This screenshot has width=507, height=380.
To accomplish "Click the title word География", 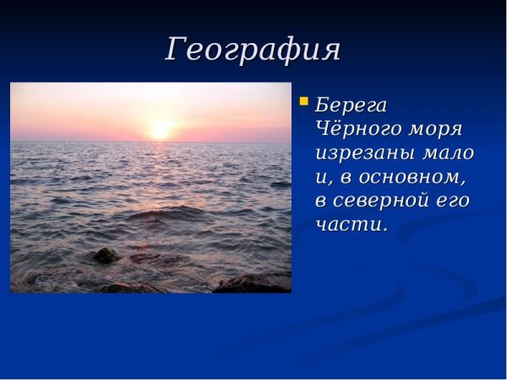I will point(253,50).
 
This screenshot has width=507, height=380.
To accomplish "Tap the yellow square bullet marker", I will point(304,102).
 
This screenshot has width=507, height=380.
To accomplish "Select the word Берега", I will point(351,106).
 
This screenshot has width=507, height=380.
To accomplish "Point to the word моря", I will point(434,132).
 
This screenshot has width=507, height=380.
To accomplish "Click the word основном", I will point(411,178).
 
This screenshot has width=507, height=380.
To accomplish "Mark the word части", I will point(347,225).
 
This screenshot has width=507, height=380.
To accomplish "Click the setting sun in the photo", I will point(160,130).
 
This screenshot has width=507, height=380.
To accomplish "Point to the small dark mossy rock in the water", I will point(106,255).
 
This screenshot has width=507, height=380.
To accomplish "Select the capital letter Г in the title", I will point(176,50).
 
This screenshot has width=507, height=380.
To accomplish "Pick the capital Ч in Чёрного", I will point(323,130).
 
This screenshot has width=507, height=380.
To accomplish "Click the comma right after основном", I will point(463,185).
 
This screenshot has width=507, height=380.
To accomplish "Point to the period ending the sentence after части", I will point(385,231).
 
